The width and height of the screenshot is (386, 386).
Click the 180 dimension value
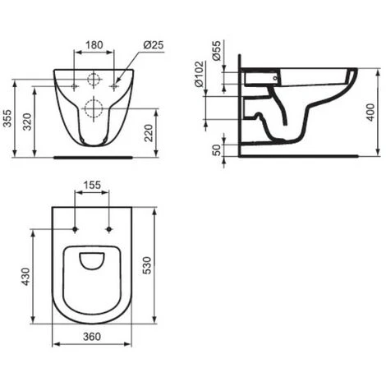[94, 45]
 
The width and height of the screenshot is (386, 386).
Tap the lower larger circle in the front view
[94, 108]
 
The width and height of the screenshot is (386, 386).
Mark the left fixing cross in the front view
[75, 85]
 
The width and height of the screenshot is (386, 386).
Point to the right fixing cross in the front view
[115, 85]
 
